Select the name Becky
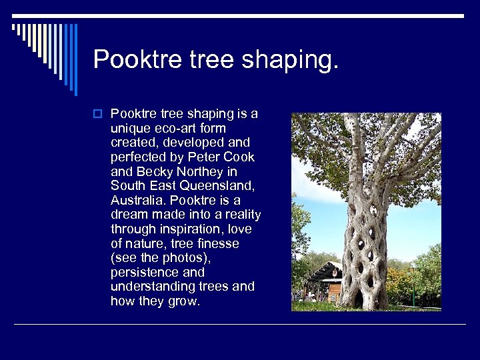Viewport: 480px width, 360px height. (x=154, y=171)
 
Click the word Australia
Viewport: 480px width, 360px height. (x=138, y=200)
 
